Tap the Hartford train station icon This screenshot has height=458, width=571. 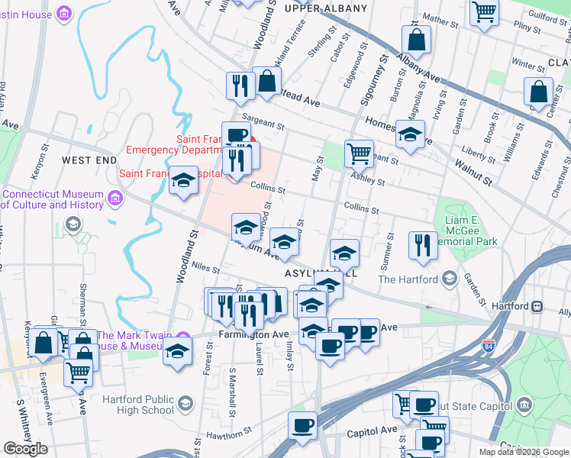tap(537, 306)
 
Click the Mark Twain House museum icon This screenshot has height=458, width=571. tap(182, 337)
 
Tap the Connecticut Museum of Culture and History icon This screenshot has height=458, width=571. tap(115, 198)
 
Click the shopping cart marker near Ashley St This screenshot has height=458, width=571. tap(359, 153)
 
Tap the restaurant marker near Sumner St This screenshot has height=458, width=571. tap(423, 245)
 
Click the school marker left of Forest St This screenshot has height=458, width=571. tap(177, 353)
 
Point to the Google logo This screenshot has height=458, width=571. tap(25, 449)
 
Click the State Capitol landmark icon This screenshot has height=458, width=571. tap(524, 404)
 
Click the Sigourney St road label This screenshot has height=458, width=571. tap(379, 76)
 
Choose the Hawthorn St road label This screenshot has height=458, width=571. tap(228, 433)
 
